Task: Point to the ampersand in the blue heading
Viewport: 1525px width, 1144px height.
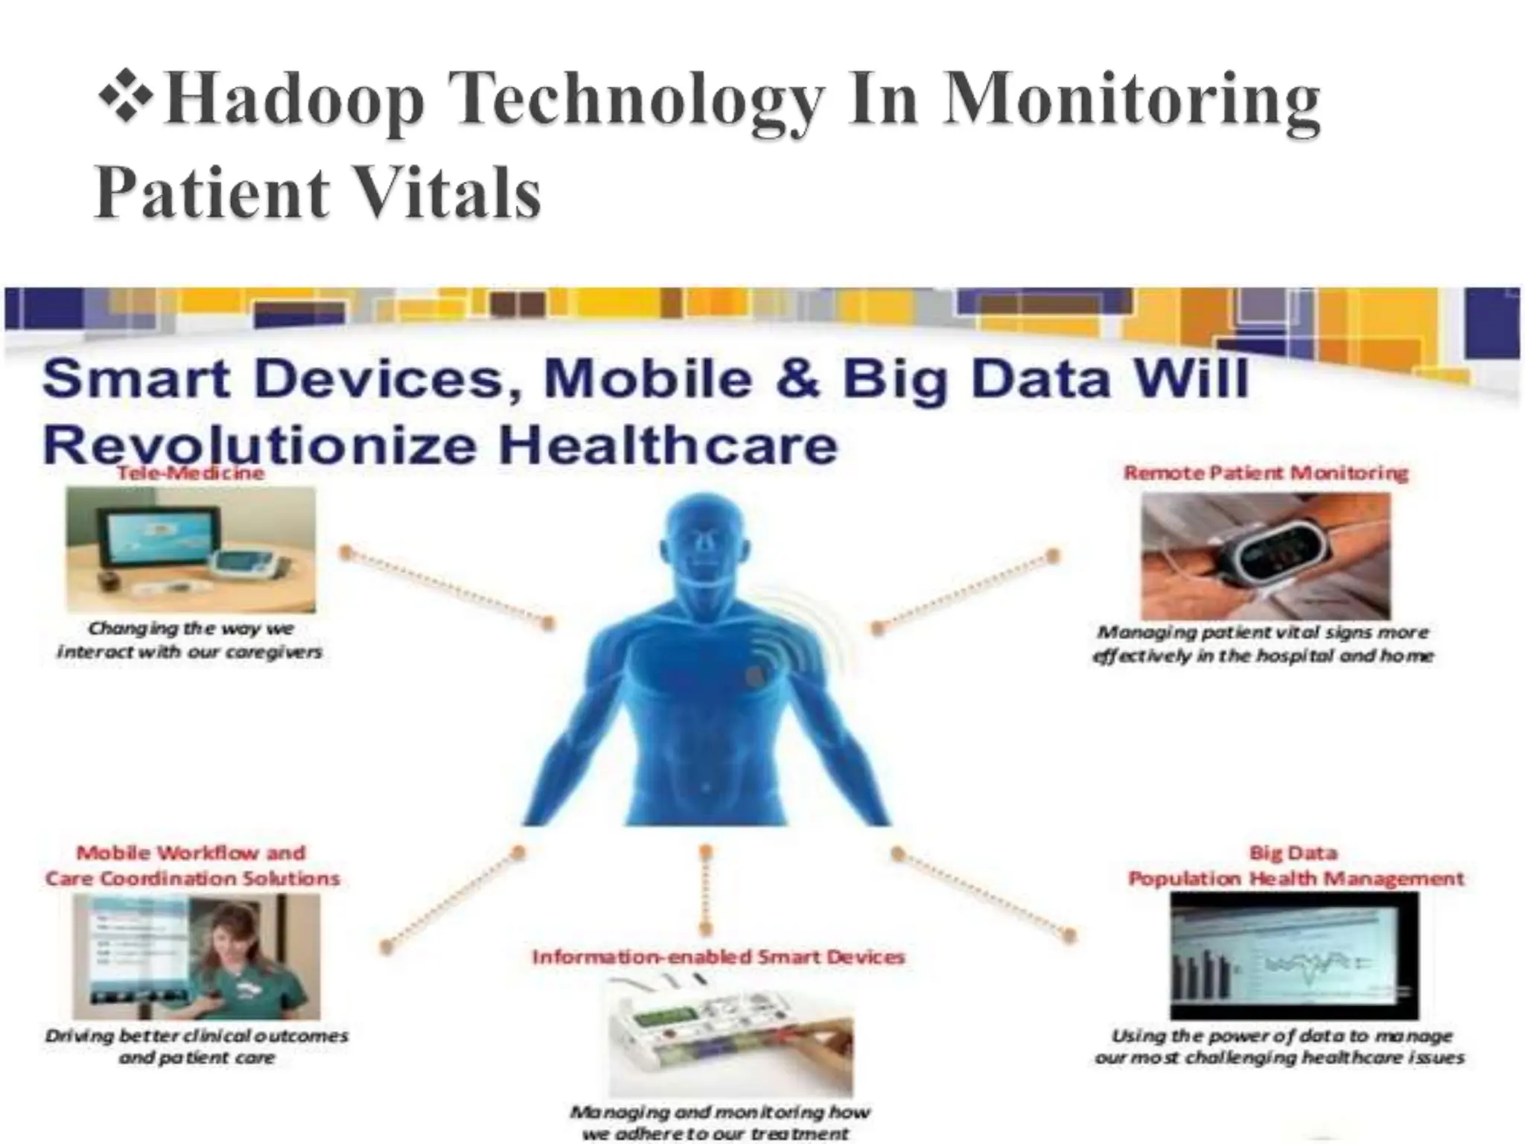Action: [x=797, y=378]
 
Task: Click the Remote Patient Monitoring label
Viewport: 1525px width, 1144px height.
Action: [x=1265, y=473]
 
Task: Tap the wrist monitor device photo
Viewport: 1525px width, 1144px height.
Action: [x=1265, y=556]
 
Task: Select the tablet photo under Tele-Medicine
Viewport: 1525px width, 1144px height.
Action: [x=191, y=550]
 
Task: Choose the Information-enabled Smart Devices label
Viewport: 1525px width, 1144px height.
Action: [x=718, y=957]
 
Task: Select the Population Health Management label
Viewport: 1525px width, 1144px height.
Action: [x=1296, y=879]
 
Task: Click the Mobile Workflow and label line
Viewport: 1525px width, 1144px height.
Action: [x=191, y=853]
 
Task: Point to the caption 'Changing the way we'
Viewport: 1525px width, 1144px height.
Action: [x=191, y=629]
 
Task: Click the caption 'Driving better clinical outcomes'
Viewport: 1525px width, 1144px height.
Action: [x=197, y=1036]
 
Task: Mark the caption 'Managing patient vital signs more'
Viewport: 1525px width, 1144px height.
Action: [x=1263, y=632]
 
